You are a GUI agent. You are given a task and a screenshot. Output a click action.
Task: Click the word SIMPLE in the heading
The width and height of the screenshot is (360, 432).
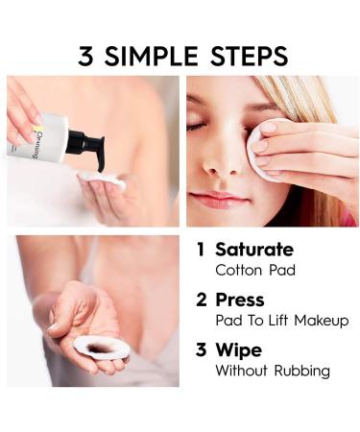coord(151,56)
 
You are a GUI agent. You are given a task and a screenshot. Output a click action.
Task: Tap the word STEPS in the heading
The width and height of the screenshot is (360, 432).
coord(249,56)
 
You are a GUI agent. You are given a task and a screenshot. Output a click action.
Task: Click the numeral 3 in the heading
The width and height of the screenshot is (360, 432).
coord(85,56)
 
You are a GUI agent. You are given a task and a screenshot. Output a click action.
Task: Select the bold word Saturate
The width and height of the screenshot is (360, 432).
coord(254,250)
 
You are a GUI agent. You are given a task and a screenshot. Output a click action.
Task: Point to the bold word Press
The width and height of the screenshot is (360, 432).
coord(240,300)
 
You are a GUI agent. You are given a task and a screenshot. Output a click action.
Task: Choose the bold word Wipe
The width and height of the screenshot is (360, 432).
coord(239,350)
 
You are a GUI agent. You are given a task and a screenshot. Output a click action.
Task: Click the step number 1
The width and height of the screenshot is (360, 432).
coord(201,250)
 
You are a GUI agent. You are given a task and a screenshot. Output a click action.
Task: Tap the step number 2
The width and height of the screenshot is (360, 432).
coord(202,300)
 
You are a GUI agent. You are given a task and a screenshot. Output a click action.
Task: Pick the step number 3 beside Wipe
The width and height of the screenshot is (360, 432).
coord(202,349)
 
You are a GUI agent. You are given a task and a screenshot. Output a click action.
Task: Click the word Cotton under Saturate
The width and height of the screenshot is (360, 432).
coord(239,271)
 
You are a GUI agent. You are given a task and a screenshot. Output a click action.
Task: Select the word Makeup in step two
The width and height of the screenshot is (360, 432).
coord(322,321)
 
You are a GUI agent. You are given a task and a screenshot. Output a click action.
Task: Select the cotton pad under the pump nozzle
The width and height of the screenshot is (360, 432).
coord(101,180)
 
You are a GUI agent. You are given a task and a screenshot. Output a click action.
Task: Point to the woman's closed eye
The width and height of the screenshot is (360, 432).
coord(196,127)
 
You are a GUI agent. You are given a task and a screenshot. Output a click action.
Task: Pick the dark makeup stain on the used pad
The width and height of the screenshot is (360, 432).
coord(100,348)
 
